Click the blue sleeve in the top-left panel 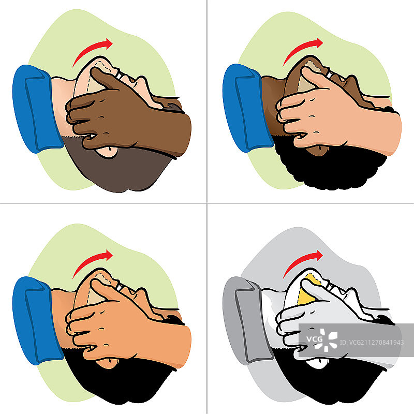tap(37, 109)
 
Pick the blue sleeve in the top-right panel tap(247, 108)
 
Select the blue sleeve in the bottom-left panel tap(37, 320)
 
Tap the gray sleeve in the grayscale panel tap(247, 320)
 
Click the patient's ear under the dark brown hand tap(107, 152)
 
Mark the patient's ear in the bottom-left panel tap(107, 364)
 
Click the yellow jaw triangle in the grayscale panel tap(307, 290)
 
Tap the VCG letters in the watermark tap(314, 339)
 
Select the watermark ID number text tap(372, 343)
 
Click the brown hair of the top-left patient tap(119, 169)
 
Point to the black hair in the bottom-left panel tap(119, 380)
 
